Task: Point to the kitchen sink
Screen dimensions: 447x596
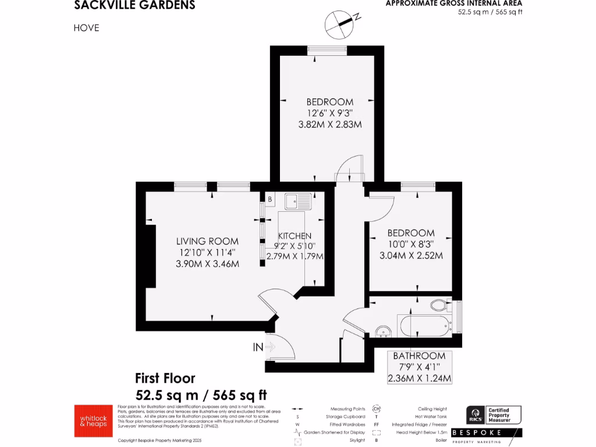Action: (x=297, y=201)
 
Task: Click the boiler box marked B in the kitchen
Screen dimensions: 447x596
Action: (x=270, y=199)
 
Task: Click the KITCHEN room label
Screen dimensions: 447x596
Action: (x=295, y=236)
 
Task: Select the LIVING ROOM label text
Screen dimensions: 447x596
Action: (x=208, y=241)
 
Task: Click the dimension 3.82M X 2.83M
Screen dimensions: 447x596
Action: (x=330, y=124)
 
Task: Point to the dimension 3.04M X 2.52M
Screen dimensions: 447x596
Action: (x=416, y=256)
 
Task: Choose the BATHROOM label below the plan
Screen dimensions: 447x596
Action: (x=419, y=356)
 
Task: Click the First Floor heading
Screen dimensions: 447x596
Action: (x=165, y=378)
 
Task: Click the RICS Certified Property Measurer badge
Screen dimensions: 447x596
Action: (x=494, y=415)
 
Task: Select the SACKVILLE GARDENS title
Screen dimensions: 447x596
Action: (x=134, y=6)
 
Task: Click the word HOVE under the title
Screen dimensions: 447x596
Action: (x=87, y=27)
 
